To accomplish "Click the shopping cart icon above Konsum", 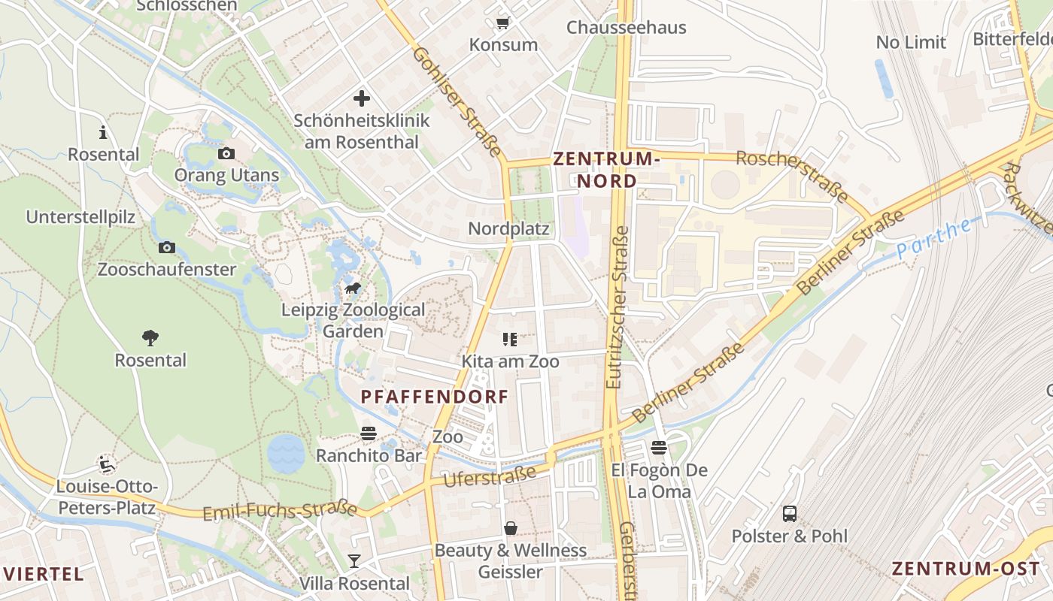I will [x=502, y=23].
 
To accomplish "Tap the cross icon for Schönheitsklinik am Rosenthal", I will [x=362, y=98].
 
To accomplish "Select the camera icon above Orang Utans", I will [x=226, y=154].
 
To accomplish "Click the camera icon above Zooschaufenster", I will [x=167, y=247].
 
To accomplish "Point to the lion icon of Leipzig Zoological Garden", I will [x=352, y=288].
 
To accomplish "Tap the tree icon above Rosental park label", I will [x=150, y=338].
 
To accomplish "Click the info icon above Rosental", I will [x=103, y=133].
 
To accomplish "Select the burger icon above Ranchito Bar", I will [x=368, y=433].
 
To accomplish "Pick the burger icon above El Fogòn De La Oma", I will [x=659, y=448].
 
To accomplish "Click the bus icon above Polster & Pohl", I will [x=790, y=514].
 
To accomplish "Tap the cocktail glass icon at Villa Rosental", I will [x=354, y=560].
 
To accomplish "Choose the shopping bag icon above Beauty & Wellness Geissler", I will [x=511, y=528].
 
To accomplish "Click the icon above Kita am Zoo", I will [x=510, y=340].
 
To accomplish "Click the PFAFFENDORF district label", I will [x=435, y=397].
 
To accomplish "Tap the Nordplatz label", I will [x=509, y=228].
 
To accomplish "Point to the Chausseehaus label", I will [x=626, y=28].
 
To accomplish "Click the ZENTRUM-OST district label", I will [x=967, y=568].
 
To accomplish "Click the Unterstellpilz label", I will [x=80, y=217].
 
